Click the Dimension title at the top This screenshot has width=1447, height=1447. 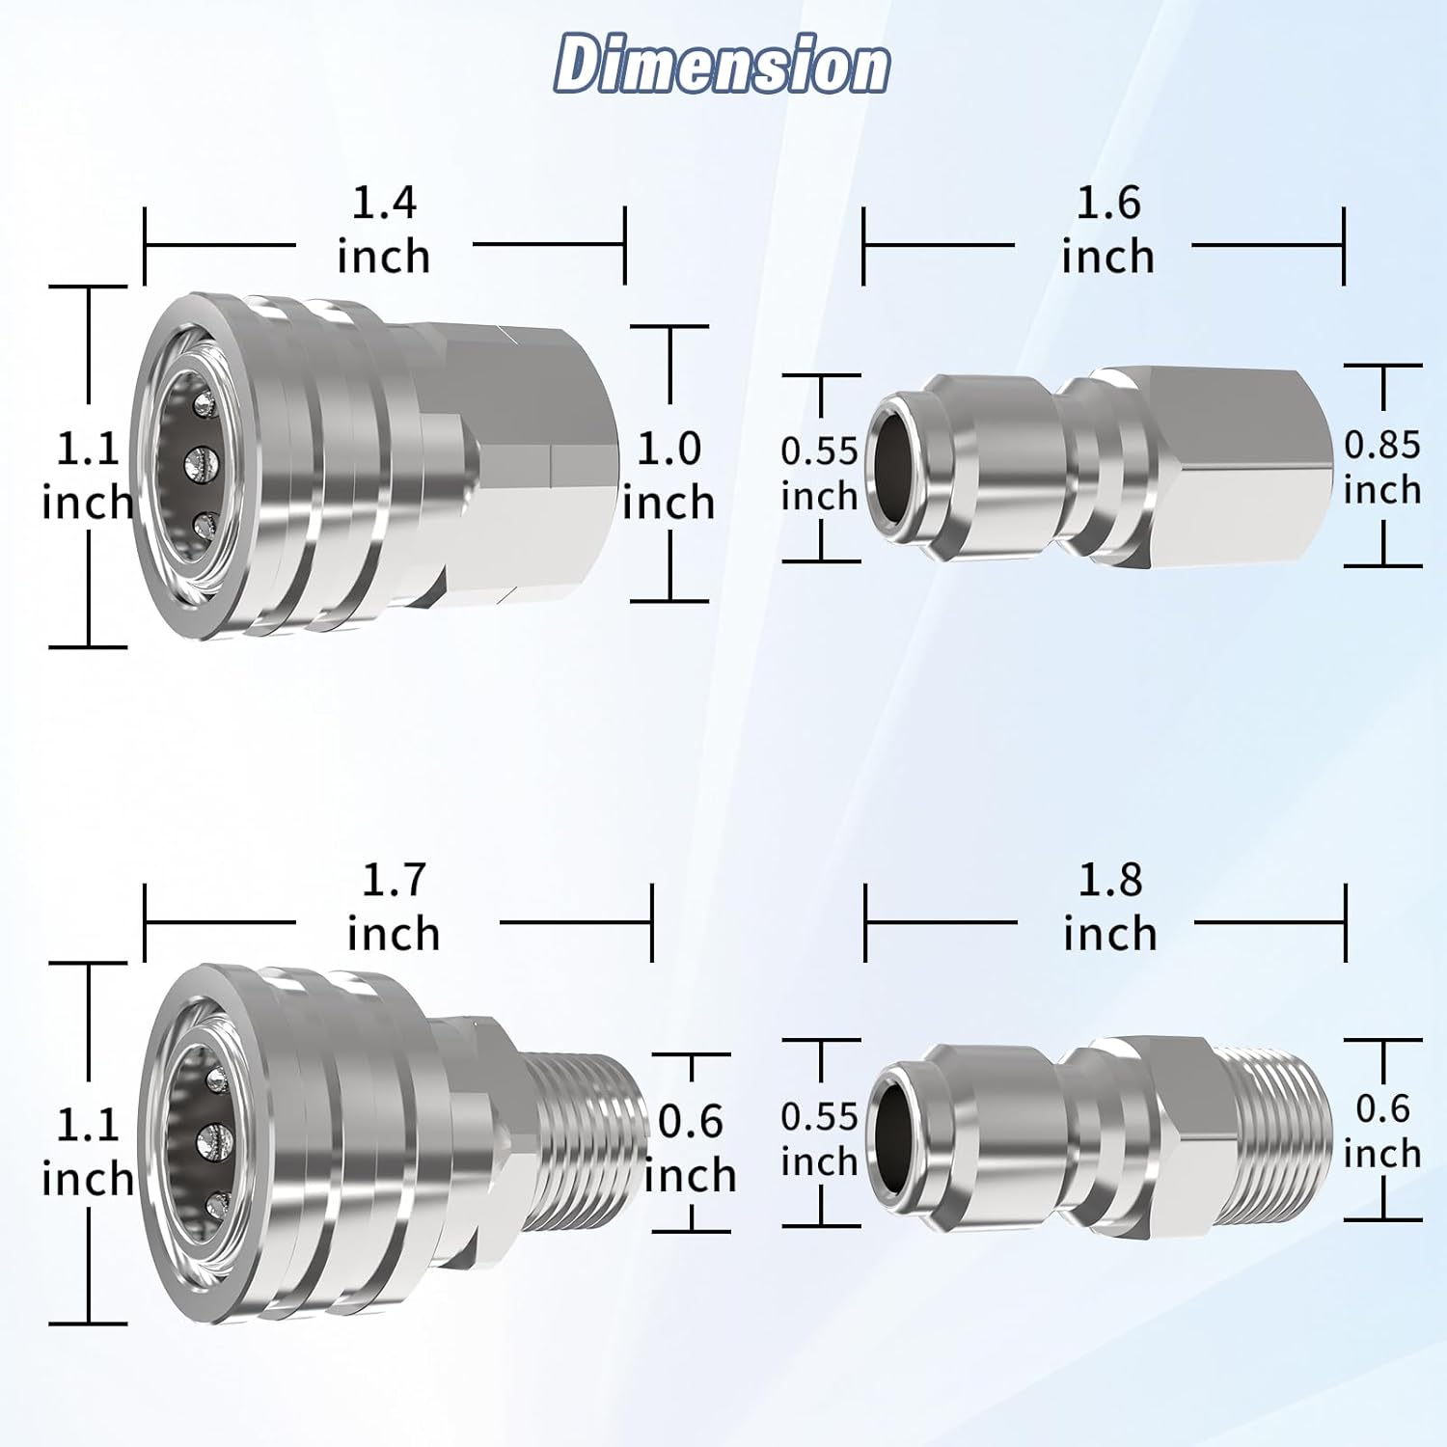722,65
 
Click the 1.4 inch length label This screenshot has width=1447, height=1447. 384,230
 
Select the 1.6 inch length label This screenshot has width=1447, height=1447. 1107,230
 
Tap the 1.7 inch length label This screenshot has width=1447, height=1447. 394,907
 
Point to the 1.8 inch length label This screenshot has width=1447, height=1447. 1109,907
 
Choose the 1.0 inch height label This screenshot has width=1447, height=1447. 669,475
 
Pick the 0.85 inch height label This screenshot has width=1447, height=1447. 1382,467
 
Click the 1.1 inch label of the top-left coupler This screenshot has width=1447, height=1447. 87,475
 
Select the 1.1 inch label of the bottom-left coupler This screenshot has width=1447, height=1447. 87,1152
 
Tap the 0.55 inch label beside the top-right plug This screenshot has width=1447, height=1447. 819,473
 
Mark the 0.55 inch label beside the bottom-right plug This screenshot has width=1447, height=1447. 819,1138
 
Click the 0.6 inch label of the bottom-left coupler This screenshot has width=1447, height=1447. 690,1148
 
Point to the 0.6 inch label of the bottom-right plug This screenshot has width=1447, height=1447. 1382,1131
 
